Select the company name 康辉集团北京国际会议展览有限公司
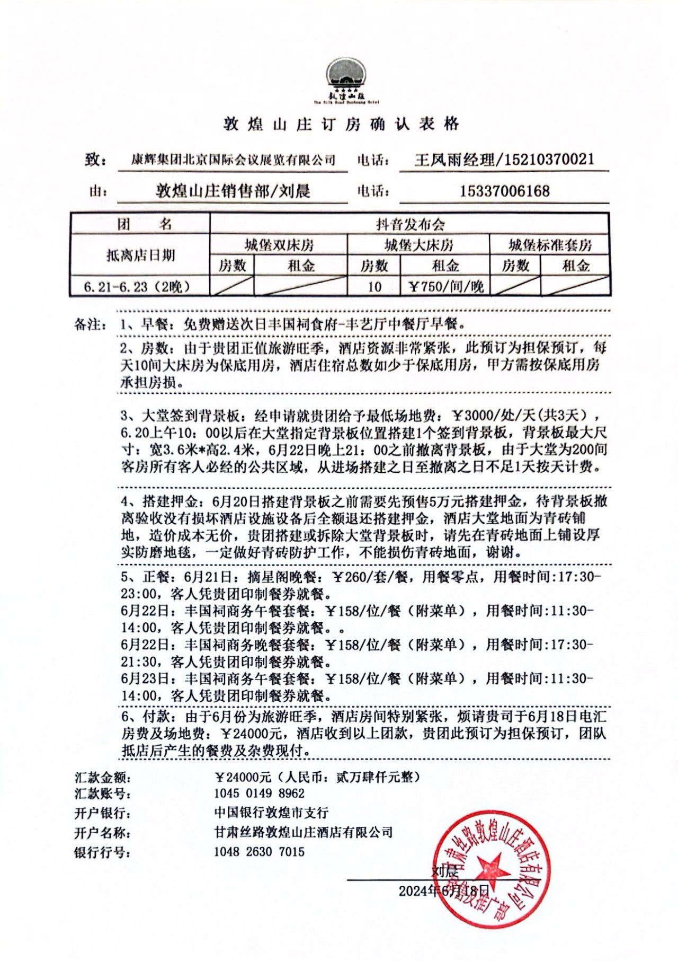coord(233,160)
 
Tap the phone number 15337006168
coord(504,191)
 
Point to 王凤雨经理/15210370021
coord(504,159)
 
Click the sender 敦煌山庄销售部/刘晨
coord(233,191)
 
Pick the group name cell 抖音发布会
coord(410,225)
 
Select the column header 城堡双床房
coord(279,245)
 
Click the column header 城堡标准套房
coord(550,245)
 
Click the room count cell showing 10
coord(374,287)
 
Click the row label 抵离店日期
coord(140,255)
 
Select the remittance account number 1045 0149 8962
coord(259,794)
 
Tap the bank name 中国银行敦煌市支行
coord(271,813)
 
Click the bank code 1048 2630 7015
coord(259,852)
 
